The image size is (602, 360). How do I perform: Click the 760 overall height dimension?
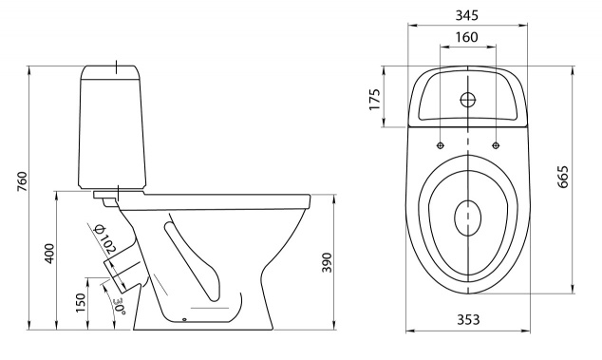[22, 181]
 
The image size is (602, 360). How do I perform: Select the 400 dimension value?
[50, 254]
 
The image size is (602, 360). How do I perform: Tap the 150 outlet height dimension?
[81, 302]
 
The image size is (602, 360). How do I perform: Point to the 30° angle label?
[120, 307]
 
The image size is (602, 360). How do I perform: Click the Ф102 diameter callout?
[104, 238]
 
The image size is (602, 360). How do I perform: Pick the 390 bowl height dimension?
[327, 262]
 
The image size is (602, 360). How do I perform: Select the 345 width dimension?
[467, 15]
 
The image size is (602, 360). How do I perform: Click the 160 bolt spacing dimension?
[467, 37]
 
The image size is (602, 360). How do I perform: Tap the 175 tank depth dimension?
[374, 99]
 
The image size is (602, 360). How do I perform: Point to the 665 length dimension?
[562, 177]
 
